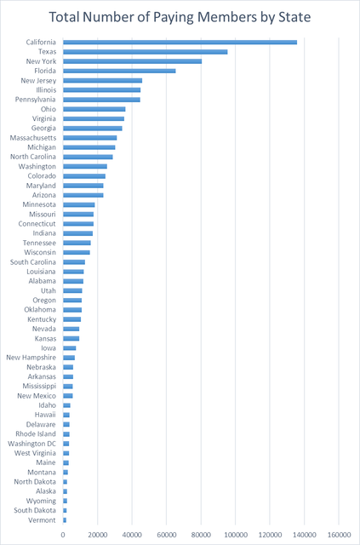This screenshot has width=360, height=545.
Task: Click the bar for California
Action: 180,43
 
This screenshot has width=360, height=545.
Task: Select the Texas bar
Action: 146,52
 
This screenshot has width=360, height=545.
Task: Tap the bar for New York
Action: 133,61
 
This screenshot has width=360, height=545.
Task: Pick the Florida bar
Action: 119,71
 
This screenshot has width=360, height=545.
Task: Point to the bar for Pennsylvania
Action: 102,100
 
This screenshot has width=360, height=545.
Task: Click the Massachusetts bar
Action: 90,138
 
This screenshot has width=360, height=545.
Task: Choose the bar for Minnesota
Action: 79,204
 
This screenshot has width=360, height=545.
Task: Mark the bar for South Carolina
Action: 74,262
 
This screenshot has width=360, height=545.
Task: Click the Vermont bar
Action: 65,520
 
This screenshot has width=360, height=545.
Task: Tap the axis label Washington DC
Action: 31,444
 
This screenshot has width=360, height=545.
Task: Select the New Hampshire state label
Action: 31,358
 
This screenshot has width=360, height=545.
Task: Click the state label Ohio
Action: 49,109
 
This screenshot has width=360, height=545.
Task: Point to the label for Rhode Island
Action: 36,434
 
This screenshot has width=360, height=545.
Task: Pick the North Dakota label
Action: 35,482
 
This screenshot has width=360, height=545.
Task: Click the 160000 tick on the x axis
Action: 339,534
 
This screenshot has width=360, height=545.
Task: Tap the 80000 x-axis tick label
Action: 201,534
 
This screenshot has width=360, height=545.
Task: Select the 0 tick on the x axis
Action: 63,534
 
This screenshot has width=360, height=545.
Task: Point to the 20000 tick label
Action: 98,534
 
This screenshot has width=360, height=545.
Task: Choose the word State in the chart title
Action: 292,17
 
